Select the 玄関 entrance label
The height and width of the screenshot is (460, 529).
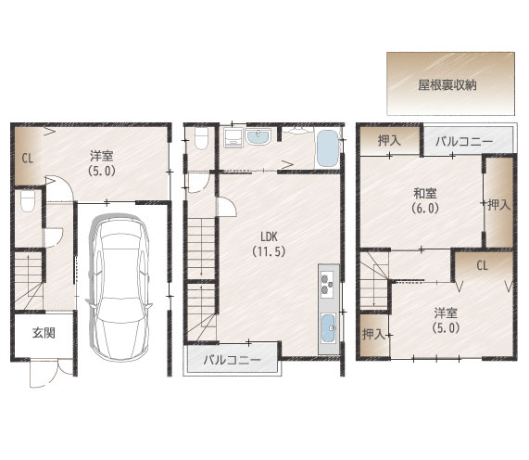[x=31, y=334]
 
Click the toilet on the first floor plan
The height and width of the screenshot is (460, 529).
[x=28, y=203]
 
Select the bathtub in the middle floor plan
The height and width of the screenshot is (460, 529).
[x=327, y=147]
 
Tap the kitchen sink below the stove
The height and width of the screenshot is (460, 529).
[x=328, y=326]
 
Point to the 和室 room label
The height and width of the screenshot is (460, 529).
[x=425, y=193]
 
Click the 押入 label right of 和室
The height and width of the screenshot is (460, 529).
[x=498, y=204]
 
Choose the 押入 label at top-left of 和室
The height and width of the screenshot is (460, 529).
[x=389, y=141]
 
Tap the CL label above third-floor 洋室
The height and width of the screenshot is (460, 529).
[x=482, y=265]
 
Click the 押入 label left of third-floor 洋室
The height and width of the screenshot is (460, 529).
[x=373, y=334]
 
